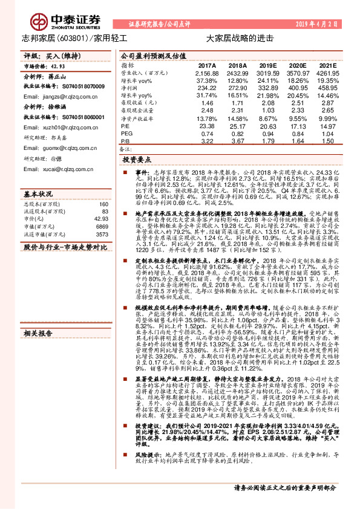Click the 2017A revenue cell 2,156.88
206,73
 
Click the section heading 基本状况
38,195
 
